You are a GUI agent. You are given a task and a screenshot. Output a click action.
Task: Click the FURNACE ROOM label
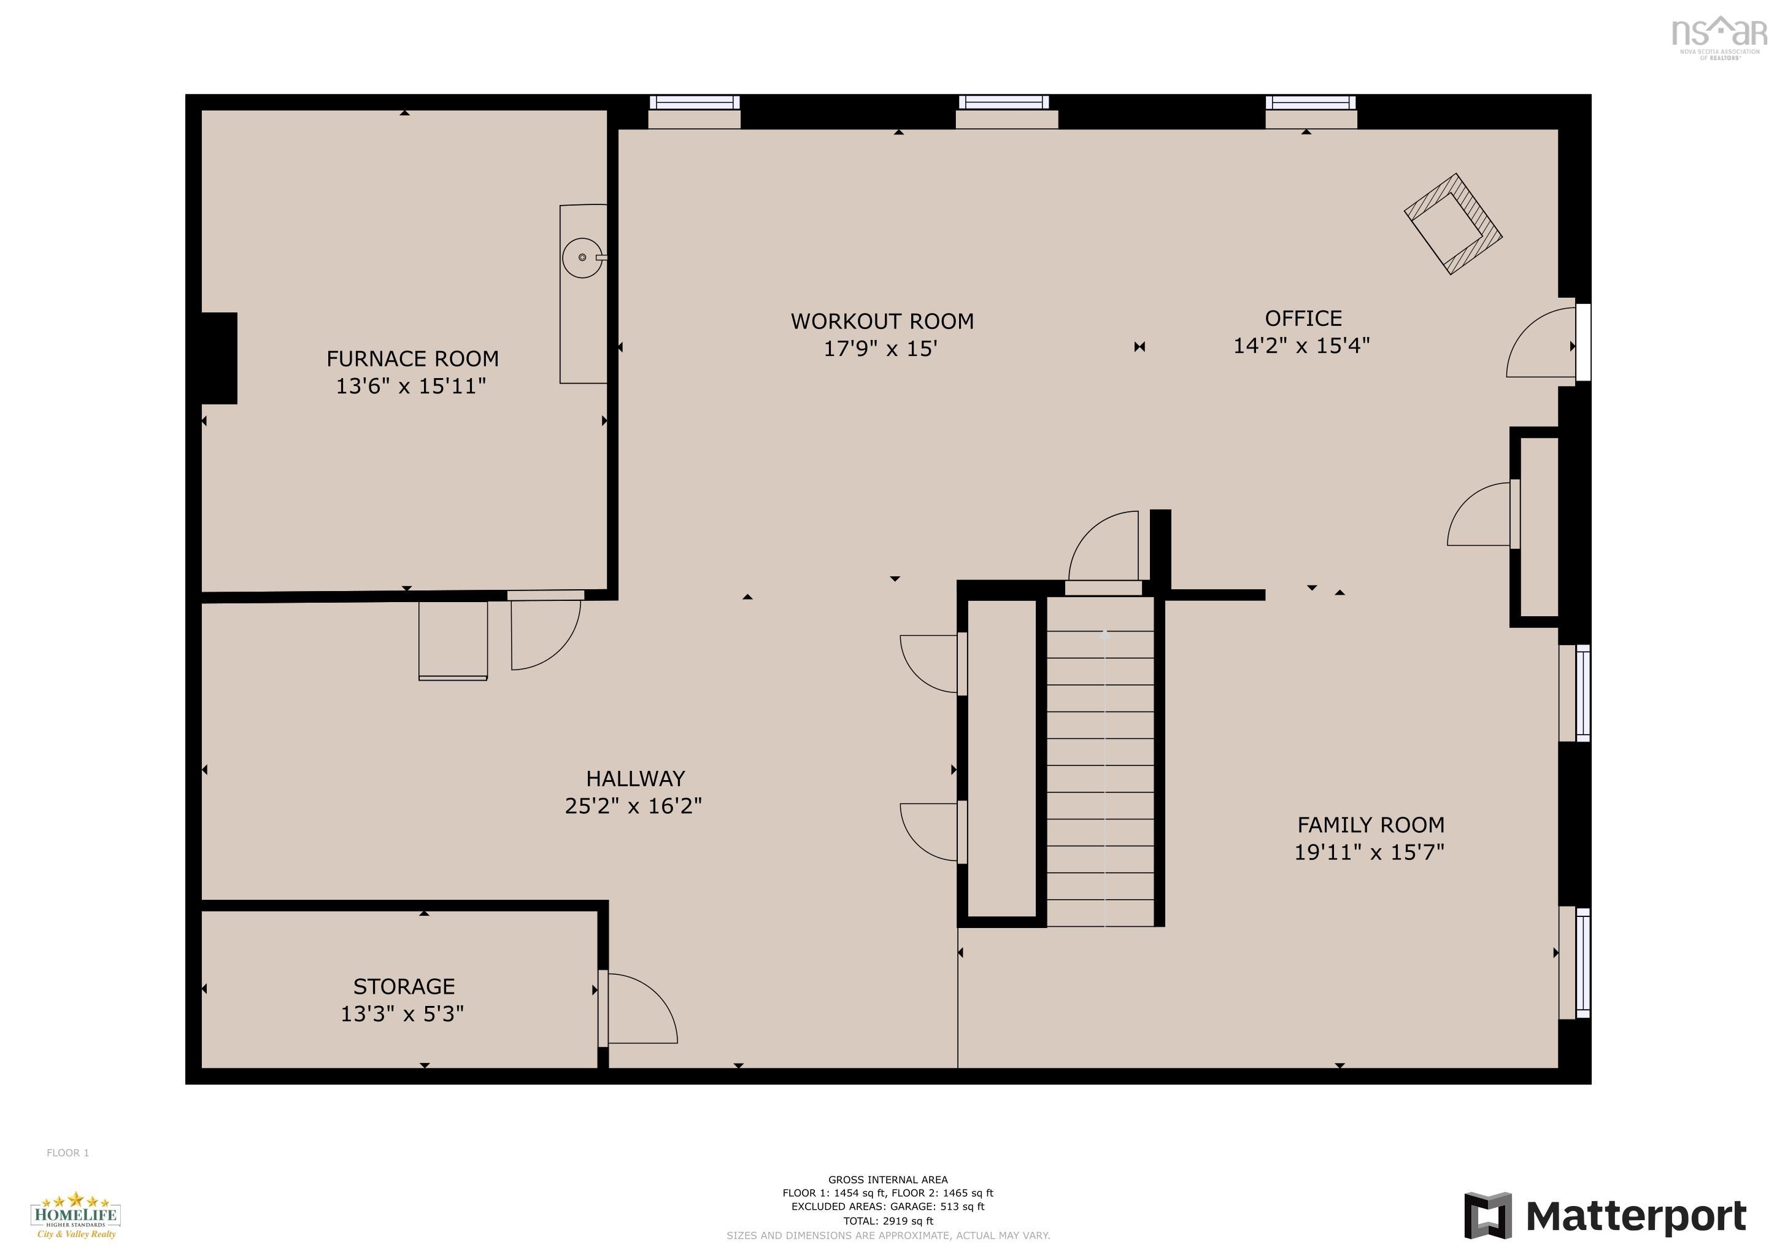(x=412, y=359)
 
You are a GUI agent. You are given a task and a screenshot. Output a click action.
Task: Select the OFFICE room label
(x=1303, y=318)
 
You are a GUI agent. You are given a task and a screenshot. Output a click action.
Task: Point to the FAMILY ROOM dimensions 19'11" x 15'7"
(x=1369, y=852)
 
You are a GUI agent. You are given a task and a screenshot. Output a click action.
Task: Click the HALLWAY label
(x=634, y=779)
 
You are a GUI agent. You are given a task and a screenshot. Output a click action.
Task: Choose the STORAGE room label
(x=404, y=986)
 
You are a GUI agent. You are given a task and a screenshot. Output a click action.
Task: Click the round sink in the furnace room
(x=582, y=258)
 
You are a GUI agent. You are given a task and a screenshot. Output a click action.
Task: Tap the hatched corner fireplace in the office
(x=1453, y=223)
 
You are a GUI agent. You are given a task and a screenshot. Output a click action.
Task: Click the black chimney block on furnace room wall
(x=219, y=358)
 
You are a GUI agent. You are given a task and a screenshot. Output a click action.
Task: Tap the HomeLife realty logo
(x=75, y=1215)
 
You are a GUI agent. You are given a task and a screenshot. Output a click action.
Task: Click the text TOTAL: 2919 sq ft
(x=888, y=1221)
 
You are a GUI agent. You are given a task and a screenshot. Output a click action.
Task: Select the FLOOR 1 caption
(x=67, y=1153)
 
